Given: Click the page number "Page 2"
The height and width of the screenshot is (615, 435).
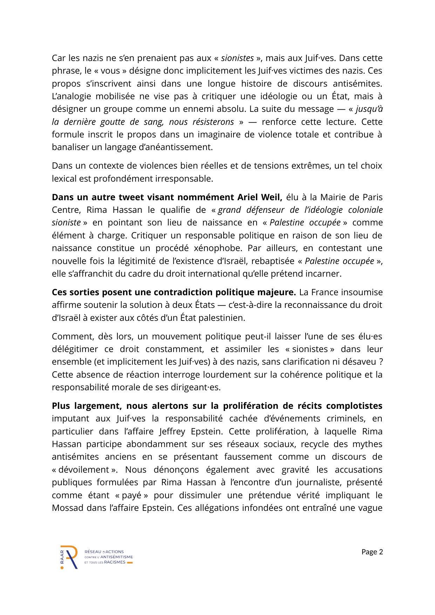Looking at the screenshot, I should click(x=372, y=552).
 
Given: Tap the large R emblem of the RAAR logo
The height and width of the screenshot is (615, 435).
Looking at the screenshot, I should click(x=70, y=557).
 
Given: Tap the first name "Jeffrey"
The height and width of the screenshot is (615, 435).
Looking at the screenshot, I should click(x=172, y=431).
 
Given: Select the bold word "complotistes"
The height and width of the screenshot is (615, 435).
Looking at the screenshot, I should click(x=354, y=406).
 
